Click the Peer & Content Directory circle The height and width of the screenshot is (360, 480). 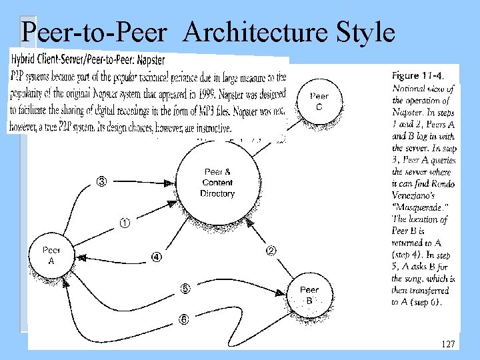pyautogui.click(x=217, y=182)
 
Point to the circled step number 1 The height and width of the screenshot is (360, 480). pyautogui.click(x=125, y=223)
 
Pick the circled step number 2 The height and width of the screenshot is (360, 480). pyautogui.click(x=271, y=251)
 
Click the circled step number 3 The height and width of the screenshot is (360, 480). pyautogui.click(x=102, y=181)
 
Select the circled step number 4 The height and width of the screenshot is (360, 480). pyautogui.click(x=156, y=257)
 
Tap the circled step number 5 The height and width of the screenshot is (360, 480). pyautogui.click(x=185, y=289)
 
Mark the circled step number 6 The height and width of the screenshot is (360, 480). pyautogui.click(x=183, y=319)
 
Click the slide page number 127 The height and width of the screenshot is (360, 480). pyautogui.click(x=448, y=344)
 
